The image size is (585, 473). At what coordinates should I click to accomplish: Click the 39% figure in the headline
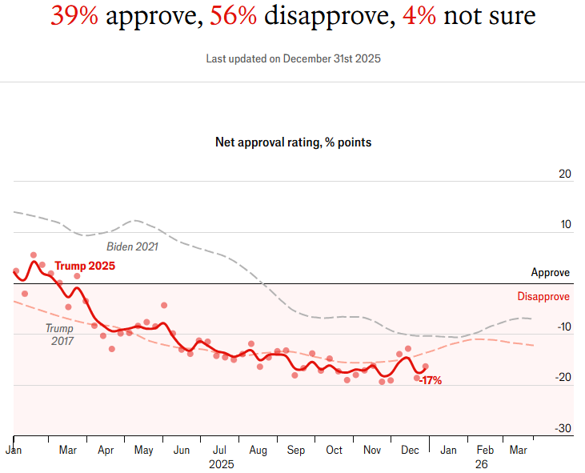click(x=74, y=15)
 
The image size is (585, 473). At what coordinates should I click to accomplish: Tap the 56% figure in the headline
click(x=233, y=15)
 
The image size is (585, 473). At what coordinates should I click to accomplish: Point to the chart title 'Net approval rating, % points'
click(x=293, y=142)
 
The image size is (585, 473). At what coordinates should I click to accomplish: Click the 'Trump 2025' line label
click(x=85, y=266)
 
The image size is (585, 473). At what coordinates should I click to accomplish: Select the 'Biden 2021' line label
click(x=132, y=247)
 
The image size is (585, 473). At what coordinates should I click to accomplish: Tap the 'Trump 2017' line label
click(x=59, y=335)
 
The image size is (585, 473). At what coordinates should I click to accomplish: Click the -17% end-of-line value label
click(x=431, y=381)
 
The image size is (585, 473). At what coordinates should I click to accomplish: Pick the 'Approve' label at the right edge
click(x=551, y=273)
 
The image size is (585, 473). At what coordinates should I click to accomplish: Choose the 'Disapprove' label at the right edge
click(x=543, y=297)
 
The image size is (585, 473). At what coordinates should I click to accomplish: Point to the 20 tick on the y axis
click(x=564, y=174)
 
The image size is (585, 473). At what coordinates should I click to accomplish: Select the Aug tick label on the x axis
click(x=258, y=451)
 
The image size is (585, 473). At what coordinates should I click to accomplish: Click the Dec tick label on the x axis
click(x=410, y=451)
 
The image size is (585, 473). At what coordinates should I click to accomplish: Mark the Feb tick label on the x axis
click(x=484, y=451)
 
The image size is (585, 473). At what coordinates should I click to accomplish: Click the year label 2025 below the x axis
click(x=221, y=464)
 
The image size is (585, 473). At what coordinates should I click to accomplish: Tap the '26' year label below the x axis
click(x=481, y=464)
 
